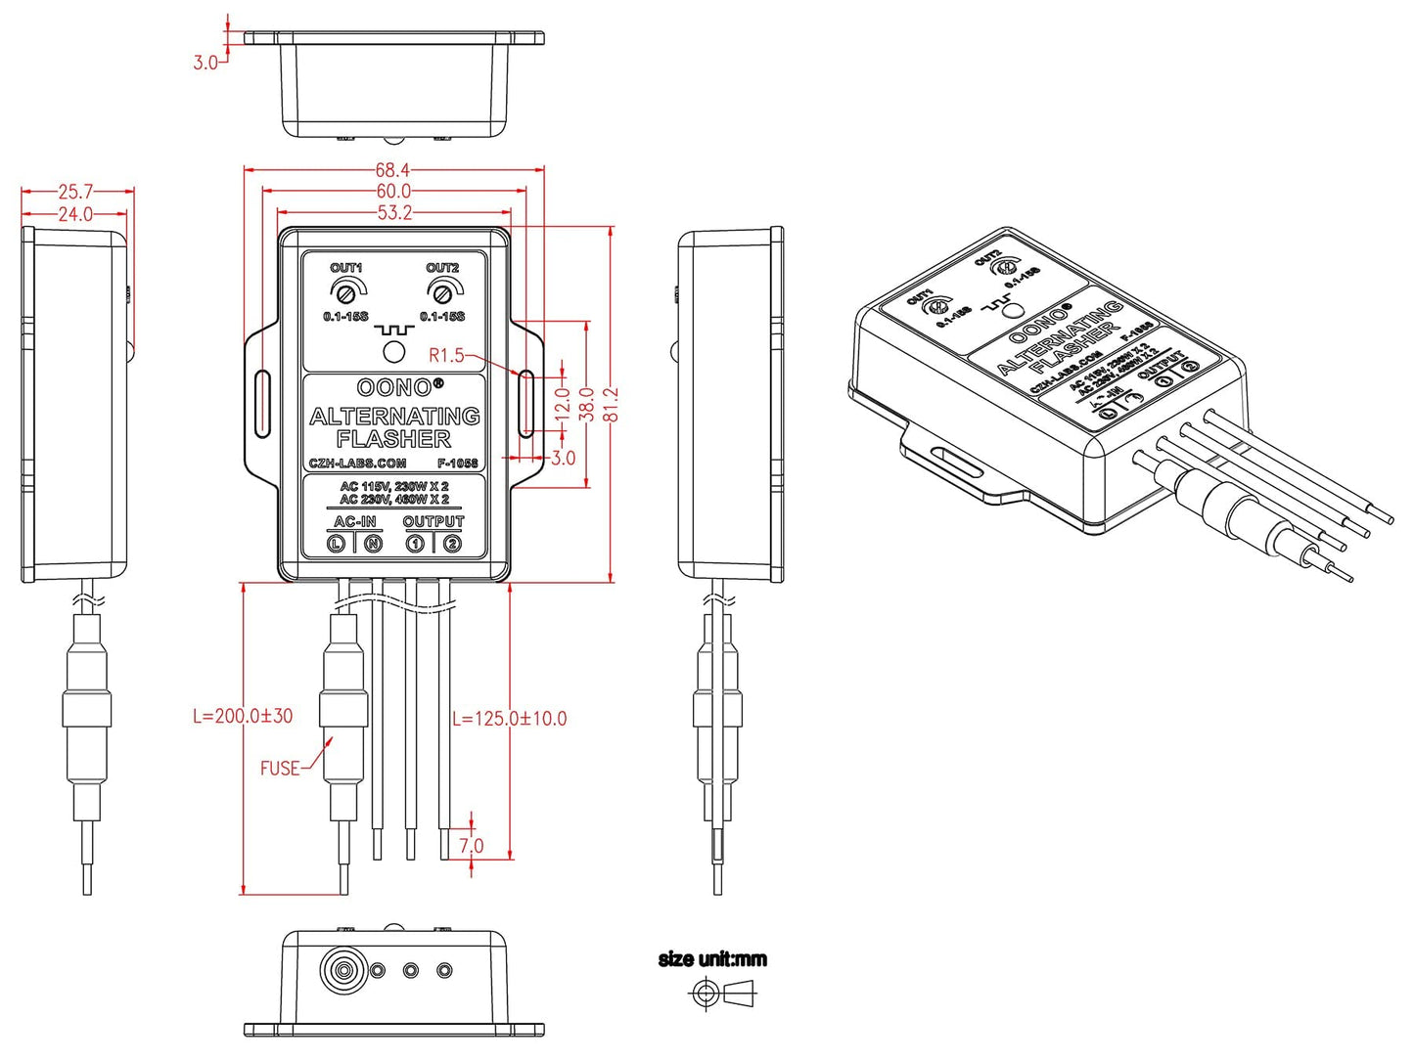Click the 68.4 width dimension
[x=392, y=170]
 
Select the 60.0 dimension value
[x=393, y=192]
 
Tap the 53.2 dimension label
[x=394, y=213]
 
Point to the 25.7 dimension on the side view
[x=75, y=192]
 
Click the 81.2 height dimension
[x=612, y=404]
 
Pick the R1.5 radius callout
[x=446, y=355]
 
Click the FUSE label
[x=280, y=769]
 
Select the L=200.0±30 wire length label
[x=243, y=716]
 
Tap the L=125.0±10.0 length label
[x=509, y=719]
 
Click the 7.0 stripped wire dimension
[x=472, y=845]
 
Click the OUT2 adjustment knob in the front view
[x=442, y=291]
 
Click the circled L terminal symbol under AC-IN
[x=337, y=544]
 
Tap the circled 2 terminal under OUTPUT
[x=452, y=544]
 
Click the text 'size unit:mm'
[x=712, y=959]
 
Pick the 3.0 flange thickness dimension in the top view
[x=205, y=63]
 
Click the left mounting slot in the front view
[x=262, y=403]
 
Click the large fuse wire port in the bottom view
[x=343, y=971]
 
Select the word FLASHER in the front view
[x=393, y=439]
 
